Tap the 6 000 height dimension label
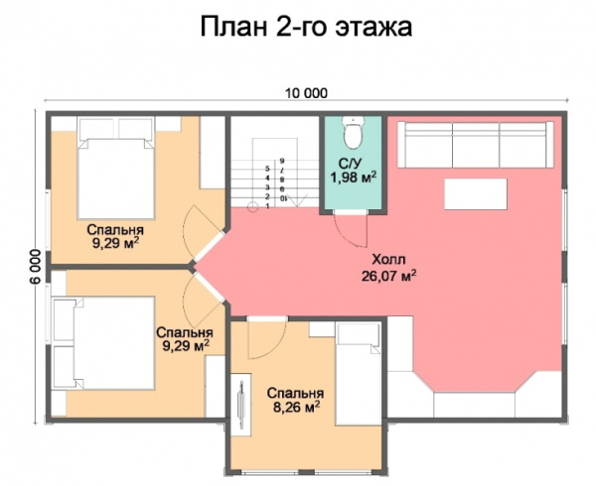point(32,266)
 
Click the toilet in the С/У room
point(350,134)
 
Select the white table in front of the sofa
point(474,192)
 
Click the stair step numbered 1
point(267,206)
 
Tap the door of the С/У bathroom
point(350,230)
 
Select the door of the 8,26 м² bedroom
point(264,342)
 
